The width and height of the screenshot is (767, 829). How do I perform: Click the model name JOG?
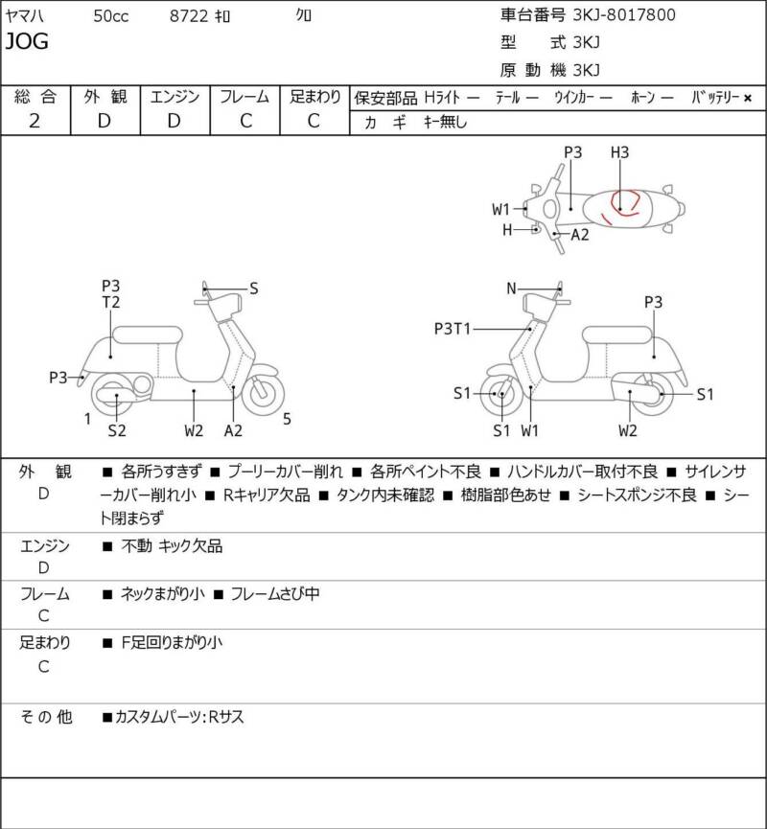pos(28,41)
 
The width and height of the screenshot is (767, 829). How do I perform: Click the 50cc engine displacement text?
pos(112,16)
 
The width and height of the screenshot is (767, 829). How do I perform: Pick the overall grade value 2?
pos(35,121)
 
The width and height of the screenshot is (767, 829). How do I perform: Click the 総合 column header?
pos(35,97)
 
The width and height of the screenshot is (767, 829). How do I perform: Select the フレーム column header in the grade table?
pos(244,97)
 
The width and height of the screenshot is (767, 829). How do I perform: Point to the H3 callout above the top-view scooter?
pos(619,152)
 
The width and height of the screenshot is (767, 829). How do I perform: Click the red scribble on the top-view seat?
pos(623,203)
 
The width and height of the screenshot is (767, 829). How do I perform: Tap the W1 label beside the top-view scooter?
pos(501,209)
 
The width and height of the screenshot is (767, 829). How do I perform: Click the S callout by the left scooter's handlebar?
pos(254,288)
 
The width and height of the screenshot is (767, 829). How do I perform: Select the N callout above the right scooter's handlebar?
pos(512,288)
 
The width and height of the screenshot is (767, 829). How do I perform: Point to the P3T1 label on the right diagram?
pos(453,329)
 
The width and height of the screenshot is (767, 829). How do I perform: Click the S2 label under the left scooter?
pos(116,430)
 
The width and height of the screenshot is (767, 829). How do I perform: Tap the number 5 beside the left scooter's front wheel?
pos(288,418)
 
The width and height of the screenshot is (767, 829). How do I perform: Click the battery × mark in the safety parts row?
pos(748,98)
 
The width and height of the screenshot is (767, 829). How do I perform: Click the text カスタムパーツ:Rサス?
pos(178,717)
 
